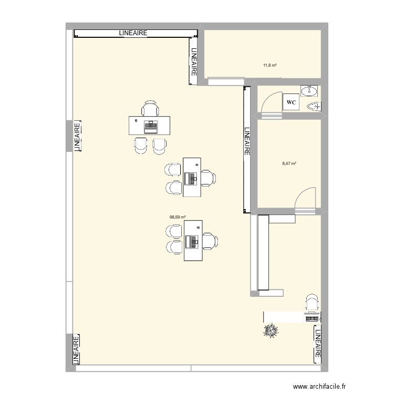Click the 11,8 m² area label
coord(269,66)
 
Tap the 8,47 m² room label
coord(289,163)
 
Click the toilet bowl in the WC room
coord(314,107)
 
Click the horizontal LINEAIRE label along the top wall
coord(132,33)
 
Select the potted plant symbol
coord(272,331)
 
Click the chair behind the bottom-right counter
coord(312,303)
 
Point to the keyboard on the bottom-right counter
coord(312,318)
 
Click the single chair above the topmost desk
coord(150,109)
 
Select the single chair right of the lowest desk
coord(211,241)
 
